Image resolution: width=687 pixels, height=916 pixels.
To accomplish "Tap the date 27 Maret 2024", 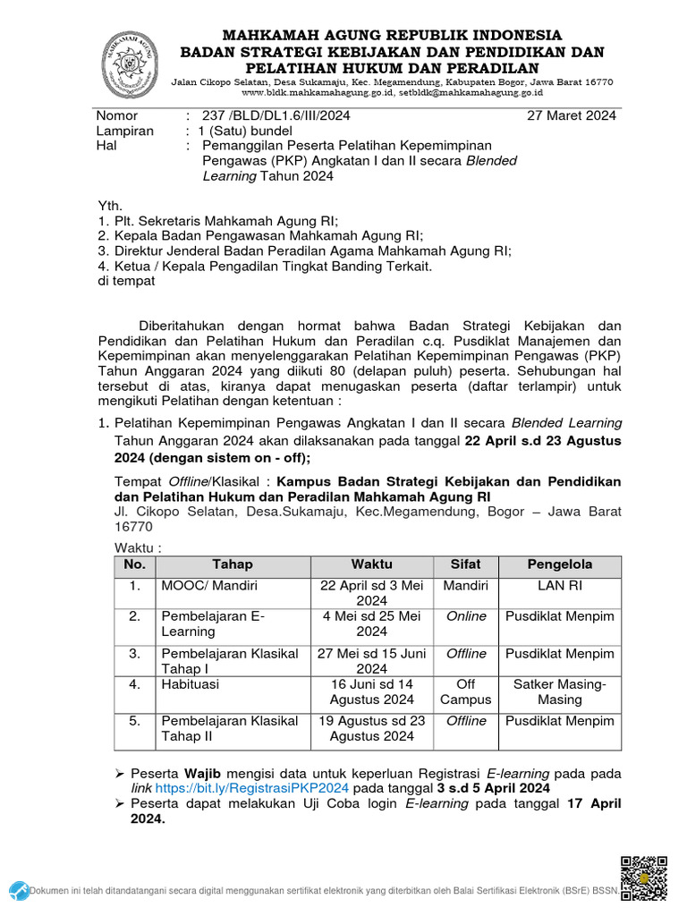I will tap(571, 115).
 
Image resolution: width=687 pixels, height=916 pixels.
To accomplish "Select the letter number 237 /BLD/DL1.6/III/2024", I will tap(276, 115).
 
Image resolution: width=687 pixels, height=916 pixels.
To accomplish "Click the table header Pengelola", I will tap(559, 564).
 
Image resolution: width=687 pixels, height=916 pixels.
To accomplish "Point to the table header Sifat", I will tap(465, 564).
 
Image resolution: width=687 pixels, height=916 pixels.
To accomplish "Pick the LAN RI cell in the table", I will tap(559, 586).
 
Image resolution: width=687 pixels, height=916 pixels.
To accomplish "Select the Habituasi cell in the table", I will tap(190, 683).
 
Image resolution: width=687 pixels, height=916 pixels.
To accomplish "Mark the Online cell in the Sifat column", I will tap(465, 616).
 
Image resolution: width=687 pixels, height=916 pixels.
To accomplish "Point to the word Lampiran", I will tap(124, 131).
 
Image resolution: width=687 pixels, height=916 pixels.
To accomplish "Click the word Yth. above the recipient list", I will tap(110, 205).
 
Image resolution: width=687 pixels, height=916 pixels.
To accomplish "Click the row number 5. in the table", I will tap(134, 721).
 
